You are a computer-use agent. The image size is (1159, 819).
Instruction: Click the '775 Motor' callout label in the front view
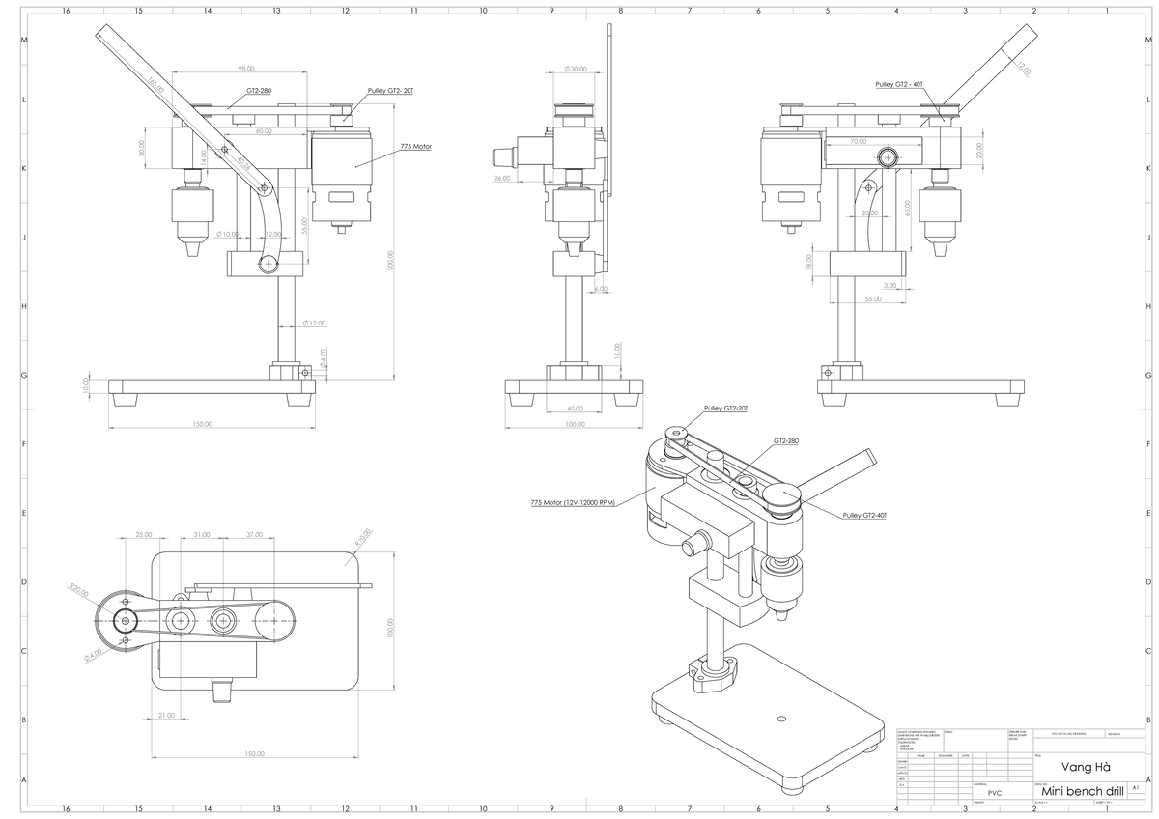point(415,147)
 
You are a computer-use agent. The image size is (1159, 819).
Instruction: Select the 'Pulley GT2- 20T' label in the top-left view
point(390,90)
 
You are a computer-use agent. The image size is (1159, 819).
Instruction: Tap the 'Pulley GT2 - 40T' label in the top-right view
point(900,85)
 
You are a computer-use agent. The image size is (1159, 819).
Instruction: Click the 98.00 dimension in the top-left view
point(245,69)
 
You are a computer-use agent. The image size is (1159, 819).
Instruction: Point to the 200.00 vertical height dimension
point(390,261)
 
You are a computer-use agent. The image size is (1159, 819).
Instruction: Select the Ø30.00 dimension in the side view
point(576,70)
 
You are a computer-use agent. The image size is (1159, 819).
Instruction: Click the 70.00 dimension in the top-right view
point(858,141)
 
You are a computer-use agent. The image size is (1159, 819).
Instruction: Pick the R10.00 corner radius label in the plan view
point(362,537)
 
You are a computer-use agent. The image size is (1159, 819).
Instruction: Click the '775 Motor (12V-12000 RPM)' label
point(573,502)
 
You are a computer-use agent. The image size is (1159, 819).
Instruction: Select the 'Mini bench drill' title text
point(1077,792)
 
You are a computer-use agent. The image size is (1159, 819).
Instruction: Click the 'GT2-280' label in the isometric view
point(786,441)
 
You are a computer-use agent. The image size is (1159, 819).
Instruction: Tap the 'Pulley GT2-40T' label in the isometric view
point(864,516)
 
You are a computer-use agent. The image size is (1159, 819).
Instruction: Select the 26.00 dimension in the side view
point(501,179)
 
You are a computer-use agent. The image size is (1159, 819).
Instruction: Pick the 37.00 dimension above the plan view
point(254,534)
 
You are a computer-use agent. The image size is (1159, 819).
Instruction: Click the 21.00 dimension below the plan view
point(165,716)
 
